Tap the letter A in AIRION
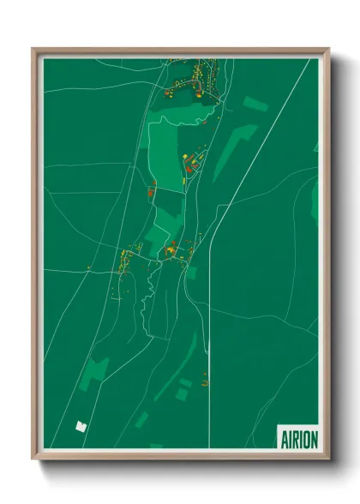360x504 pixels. click(x=284, y=440)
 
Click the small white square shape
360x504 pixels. click(x=82, y=424)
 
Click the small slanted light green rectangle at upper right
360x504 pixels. click(x=255, y=105)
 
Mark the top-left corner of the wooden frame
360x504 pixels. click(x=34, y=50)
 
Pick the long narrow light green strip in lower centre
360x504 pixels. click(x=176, y=369)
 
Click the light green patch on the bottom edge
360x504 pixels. click(x=155, y=447)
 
